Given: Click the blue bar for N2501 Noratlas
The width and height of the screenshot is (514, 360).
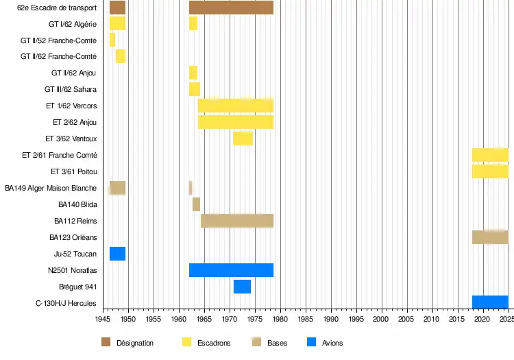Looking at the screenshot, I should [x=231, y=270].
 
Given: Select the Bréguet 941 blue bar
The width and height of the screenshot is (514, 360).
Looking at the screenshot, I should [x=242, y=287].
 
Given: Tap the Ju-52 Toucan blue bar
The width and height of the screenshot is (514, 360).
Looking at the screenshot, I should [x=117, y=254].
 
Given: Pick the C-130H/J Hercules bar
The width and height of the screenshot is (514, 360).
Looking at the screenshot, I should [x=490, y=302].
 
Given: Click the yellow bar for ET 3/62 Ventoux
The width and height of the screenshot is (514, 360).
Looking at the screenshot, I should [x=243, y=139].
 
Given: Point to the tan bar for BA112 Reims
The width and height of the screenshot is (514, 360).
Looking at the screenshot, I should [x=237, y=221].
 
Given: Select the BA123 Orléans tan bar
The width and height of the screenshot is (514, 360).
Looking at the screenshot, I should [x=490, y=237].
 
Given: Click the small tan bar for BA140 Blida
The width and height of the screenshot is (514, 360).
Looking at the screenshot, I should [x=196, y=204].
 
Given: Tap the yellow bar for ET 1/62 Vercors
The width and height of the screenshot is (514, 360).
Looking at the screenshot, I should [x=236, y=106].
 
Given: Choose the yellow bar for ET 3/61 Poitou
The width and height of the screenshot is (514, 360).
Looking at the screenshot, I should [x=490, y=171].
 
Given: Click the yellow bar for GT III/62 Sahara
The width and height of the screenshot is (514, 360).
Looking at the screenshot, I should [x=195, y=89].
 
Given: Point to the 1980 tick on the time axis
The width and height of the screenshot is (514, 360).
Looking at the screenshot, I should [x=280, y=320].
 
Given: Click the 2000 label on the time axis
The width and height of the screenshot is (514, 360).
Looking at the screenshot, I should [x=382, y=320].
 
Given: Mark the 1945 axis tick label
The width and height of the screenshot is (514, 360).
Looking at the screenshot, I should [x=103, y=320].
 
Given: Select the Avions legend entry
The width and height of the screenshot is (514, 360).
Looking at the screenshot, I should [x=332, y=343].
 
